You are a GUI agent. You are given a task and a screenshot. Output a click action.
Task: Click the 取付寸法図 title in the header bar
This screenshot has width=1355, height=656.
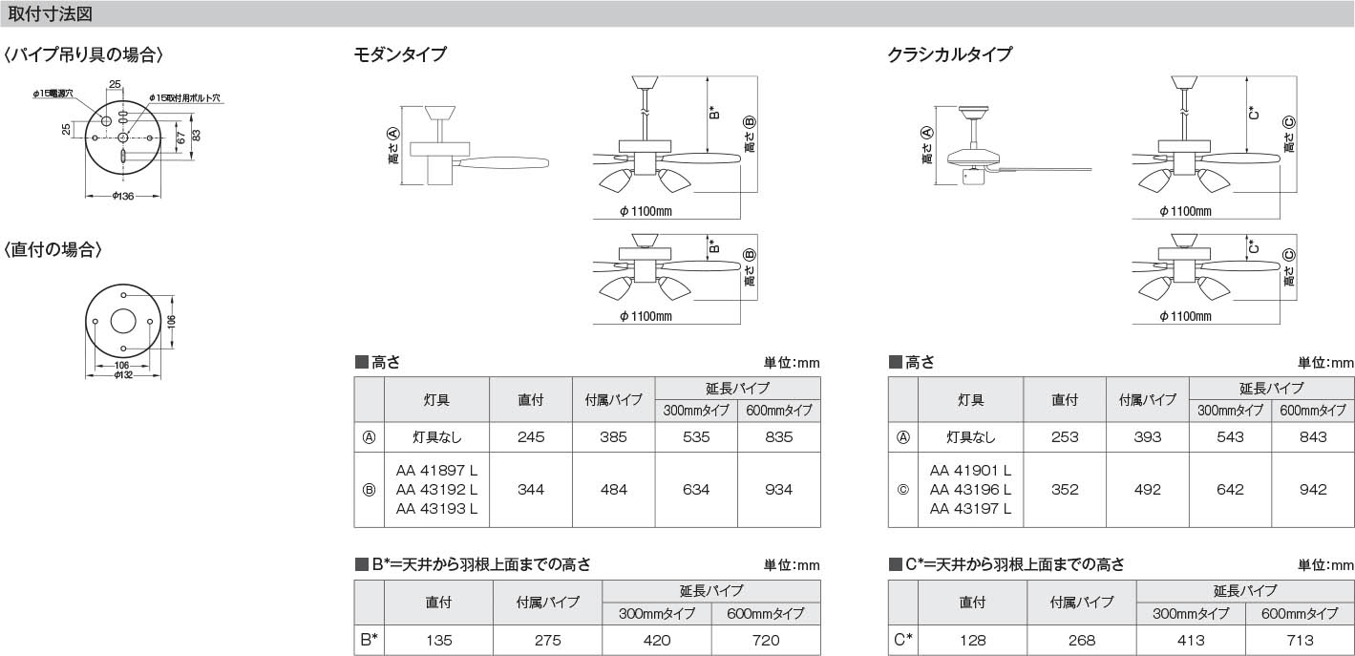point(50,14)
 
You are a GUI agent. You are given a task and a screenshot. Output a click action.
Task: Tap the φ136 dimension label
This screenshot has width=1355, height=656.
point(122,197)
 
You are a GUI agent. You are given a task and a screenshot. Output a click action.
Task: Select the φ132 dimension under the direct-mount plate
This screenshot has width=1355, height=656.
point(122,374)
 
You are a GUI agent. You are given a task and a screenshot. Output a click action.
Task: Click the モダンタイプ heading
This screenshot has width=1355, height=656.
point(399,54)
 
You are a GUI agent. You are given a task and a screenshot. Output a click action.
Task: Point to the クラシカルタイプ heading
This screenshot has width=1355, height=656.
point(949,54)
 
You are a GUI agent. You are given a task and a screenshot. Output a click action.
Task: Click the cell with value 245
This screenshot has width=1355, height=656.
point(531,437)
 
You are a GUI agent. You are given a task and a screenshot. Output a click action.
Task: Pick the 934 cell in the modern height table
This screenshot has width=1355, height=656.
point(778,489)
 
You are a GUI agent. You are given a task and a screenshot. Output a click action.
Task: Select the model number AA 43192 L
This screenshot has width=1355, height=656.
point(436,489)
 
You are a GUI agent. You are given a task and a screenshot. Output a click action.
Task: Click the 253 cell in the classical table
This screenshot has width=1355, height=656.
point(1065,437)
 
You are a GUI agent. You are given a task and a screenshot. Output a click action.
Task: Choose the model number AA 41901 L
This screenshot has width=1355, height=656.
point(970,471)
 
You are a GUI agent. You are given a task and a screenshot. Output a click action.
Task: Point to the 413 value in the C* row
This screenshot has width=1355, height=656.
point(1191,640)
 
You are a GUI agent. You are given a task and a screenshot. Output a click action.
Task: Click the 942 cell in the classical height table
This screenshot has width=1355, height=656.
point(1313,489)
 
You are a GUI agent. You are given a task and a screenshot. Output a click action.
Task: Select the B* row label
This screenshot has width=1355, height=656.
point(370,640)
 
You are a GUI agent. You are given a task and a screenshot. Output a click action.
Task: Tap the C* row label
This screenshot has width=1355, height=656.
point(903,640)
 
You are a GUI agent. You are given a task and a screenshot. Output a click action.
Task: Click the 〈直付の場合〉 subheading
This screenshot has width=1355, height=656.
point(53,250)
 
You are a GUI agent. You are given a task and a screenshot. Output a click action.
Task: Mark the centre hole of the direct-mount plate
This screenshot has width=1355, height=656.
point(123,321)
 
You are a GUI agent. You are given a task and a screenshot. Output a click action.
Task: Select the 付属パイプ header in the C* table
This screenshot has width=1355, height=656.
point(1082,603)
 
